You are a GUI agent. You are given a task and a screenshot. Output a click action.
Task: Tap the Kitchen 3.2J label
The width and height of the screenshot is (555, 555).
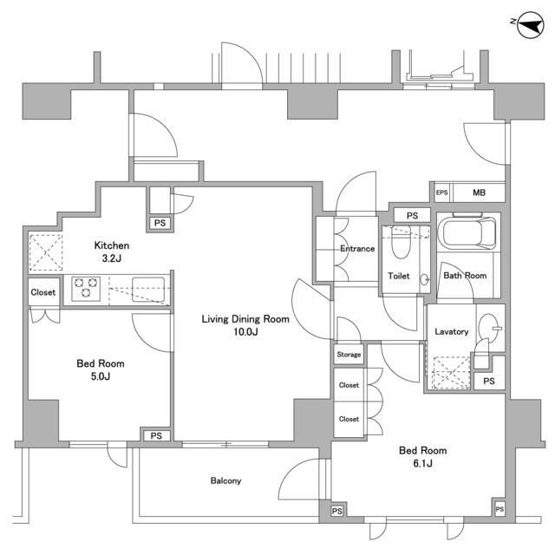(113, 251)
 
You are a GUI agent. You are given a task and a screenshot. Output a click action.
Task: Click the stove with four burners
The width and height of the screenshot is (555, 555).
(88, 286)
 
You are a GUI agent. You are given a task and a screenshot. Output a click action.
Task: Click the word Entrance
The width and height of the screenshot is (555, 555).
(356, 249)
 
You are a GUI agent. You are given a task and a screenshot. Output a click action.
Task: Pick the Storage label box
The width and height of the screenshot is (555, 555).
(349, 355)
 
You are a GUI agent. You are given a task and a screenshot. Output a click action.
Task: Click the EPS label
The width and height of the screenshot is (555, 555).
(441, 193)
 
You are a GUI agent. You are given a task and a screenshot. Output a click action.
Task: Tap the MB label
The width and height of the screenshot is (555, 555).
(479, 193)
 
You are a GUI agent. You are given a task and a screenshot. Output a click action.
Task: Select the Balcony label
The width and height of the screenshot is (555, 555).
(225, 481)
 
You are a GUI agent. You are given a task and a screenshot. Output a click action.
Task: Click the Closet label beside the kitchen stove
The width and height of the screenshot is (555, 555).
(43, 292)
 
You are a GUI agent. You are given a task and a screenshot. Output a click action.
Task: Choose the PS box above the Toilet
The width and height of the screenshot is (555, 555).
(412, 215)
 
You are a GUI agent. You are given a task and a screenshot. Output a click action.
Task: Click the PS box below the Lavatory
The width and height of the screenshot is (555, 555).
(489, 382)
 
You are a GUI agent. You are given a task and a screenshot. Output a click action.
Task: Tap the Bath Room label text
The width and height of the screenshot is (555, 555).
(465, 276)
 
